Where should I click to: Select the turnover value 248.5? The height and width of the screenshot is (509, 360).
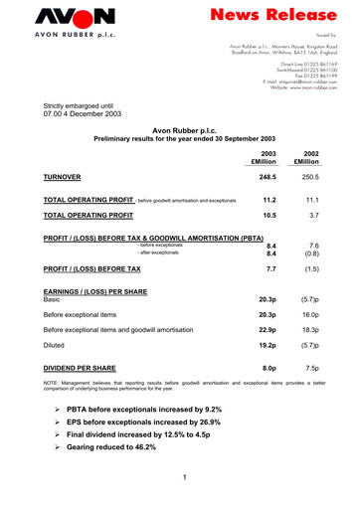pyautogui.click(x=266, y=176)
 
